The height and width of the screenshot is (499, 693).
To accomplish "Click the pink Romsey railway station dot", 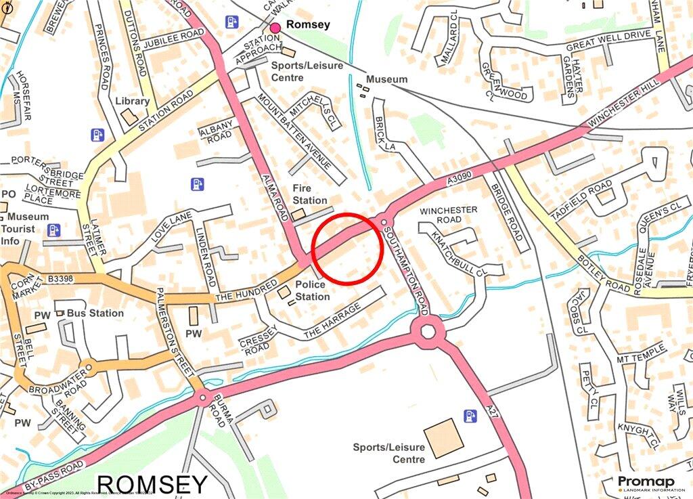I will (275, 27).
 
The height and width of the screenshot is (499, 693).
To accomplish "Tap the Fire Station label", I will (310, 194).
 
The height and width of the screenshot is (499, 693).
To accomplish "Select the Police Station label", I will (312, 290).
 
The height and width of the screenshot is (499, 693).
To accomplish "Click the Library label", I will (133, 101).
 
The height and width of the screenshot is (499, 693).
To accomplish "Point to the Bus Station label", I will (95, 313).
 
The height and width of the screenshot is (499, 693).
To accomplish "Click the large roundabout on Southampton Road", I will (428, 332).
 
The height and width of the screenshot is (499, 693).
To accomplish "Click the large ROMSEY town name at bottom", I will (152, 485).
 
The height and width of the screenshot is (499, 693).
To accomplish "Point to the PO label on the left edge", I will (8, 194).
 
